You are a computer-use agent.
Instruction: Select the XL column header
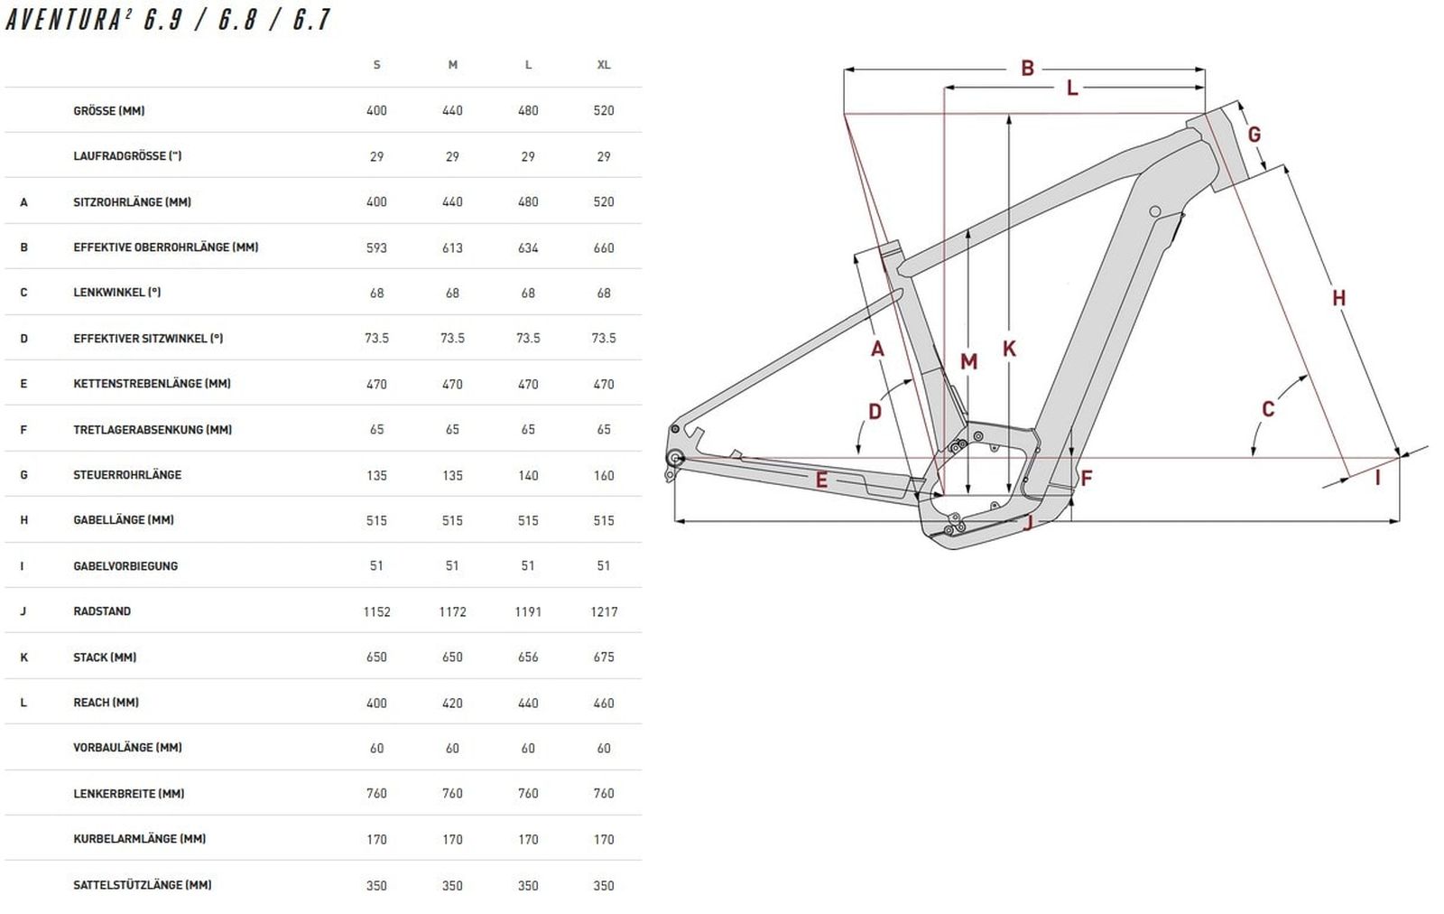coord(604,64)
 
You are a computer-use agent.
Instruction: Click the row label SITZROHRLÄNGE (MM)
coord(132,202)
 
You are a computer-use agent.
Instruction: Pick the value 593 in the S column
coord(376,247)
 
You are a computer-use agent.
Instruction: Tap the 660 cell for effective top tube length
coord(604,247)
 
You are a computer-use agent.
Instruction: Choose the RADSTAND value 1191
coord(528,611)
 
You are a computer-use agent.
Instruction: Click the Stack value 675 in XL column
coord(604,658)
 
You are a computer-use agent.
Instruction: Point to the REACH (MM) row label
coord(106,703)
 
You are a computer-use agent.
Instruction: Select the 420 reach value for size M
coord(452,703)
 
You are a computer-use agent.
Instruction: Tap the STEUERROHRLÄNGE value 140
coord(528,475)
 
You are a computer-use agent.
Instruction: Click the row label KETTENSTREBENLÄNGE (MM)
coord(153,384)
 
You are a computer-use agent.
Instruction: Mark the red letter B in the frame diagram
coord(1028,68)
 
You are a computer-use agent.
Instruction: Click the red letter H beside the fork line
coord(1339,298)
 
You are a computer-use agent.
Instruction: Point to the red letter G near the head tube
coord(1254,135)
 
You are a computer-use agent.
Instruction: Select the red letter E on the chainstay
coord(821,480)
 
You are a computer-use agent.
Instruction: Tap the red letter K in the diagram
coord(1010,349)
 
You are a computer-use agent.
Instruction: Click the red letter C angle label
coord(1268,409)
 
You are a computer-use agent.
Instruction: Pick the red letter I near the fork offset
coord(1377,478)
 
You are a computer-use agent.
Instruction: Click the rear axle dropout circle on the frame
coord(675,459)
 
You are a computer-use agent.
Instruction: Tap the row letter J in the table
coord(23,611)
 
